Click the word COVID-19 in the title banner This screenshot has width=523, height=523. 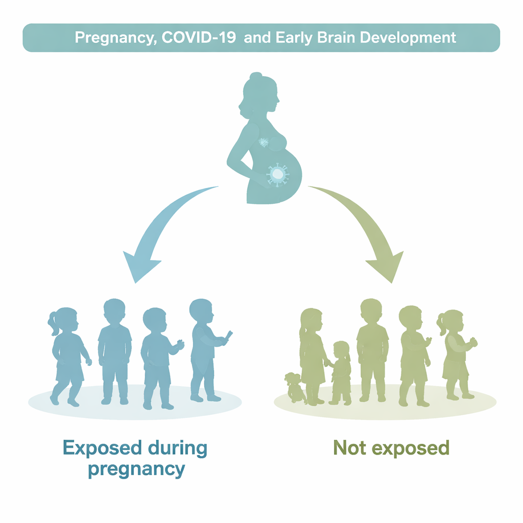coord(199,37)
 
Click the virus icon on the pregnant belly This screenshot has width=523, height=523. coord(277,174)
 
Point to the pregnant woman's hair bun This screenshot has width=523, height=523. coord(256,76)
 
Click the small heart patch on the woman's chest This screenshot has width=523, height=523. coord(264,142)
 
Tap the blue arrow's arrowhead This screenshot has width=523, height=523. coord(140,267)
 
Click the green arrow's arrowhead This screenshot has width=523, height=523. coord(387,267)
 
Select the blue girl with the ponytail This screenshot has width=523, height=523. coord(68,356)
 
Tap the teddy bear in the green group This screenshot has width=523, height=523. coord(294,388)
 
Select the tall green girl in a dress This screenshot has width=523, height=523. coord(312,356)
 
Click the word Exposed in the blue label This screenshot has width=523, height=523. coord(102,448)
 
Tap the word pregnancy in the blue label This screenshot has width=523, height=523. coord(136,470)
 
